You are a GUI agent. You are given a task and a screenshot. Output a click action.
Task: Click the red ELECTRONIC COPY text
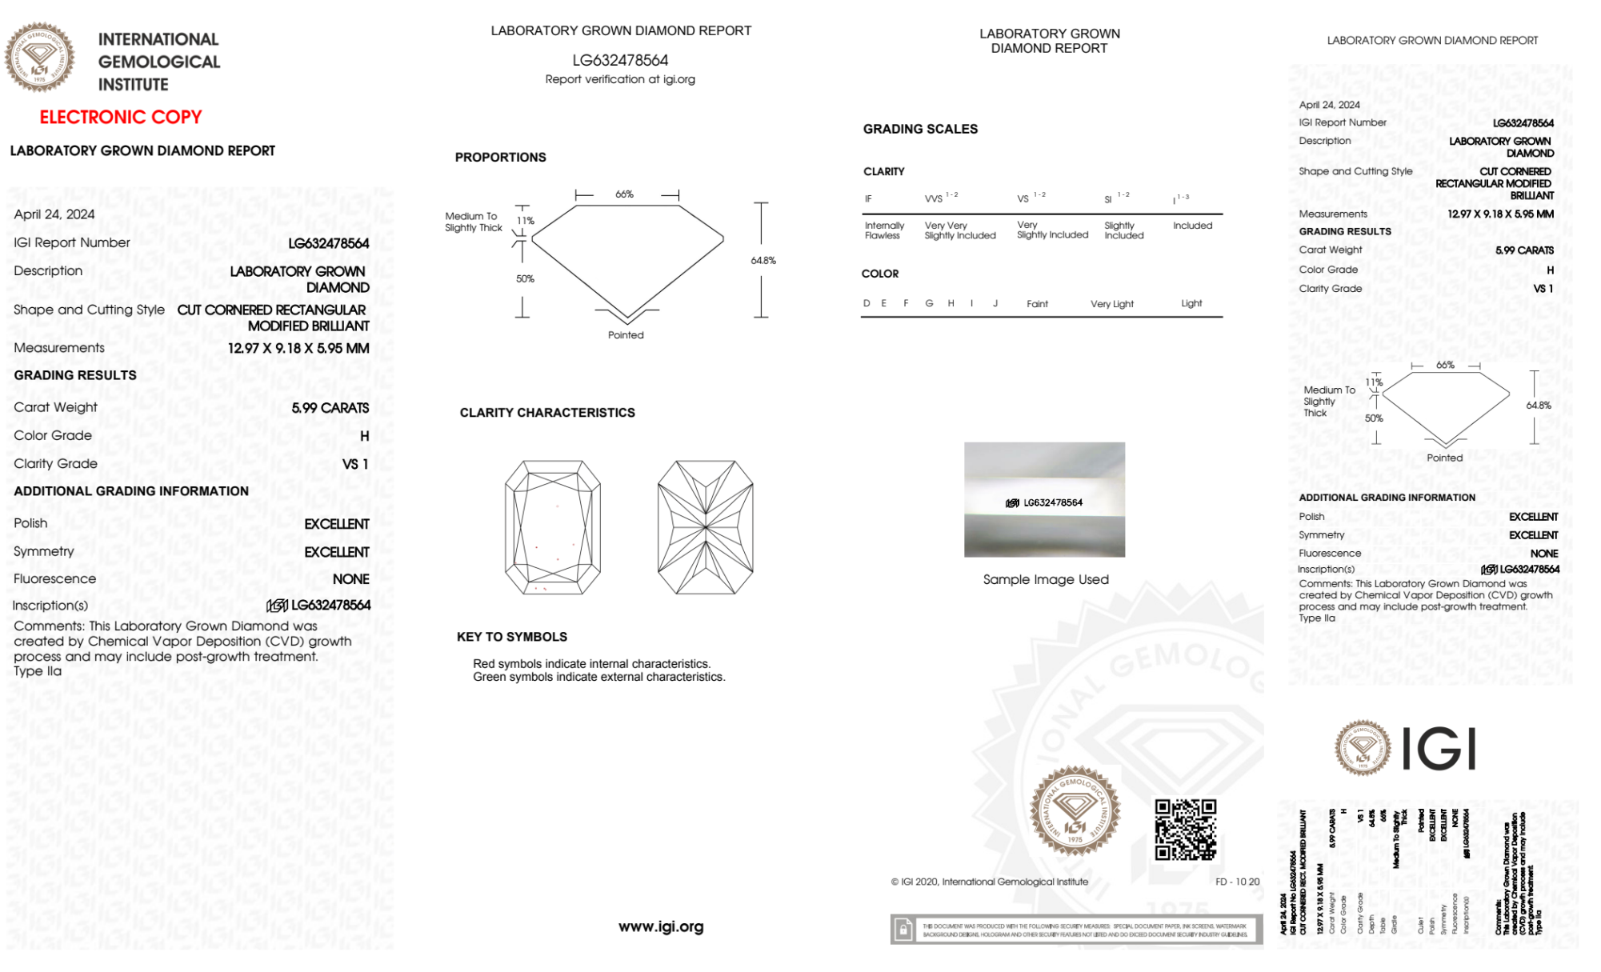[x=121, y=117]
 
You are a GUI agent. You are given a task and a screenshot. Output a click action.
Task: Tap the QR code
[x=1186, y=830]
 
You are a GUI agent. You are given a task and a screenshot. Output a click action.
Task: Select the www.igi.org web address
[x=661, y=926]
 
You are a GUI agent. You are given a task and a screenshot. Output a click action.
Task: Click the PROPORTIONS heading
[x=500, y=158]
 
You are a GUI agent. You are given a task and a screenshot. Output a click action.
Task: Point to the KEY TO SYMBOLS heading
[x=511, y=637]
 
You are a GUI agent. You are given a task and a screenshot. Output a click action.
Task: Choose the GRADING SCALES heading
[x=920, y=129]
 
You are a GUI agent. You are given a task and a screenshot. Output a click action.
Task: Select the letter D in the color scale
[x=867, y=303]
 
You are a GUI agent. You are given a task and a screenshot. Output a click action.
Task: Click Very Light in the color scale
[x=1111, y=304]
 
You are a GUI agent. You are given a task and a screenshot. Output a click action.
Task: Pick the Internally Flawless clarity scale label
[x=884, y=230]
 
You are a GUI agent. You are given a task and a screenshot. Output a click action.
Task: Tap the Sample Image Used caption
[x=1046, y=579]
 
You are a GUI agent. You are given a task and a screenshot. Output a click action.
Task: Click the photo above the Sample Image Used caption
[x=1044, y=499]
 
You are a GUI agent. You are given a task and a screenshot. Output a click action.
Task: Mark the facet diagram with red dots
[x=552, y=527]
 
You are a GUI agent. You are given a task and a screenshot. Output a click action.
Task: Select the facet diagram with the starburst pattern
[x=705, y=527]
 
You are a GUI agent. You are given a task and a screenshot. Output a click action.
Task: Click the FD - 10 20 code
[x=1237, y=882]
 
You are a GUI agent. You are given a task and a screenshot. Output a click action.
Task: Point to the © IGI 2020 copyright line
[x=990, y=882]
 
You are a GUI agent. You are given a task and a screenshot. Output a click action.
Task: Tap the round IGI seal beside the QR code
[x=1075, y=811]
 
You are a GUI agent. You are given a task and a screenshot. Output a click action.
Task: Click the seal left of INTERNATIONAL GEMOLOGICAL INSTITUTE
[x=39, y=57]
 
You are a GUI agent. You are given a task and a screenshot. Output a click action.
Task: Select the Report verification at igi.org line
[x=620, y=79]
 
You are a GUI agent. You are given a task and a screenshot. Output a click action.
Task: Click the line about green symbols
[x=598, y=677]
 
